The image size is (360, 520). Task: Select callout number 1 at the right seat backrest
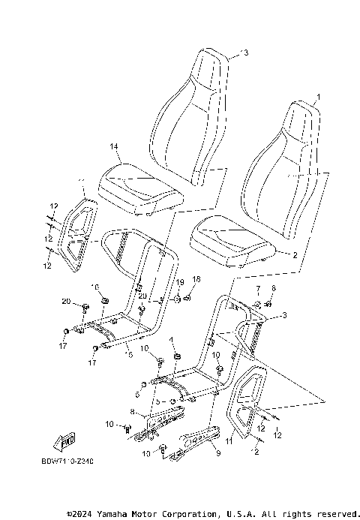(x=317, y=98)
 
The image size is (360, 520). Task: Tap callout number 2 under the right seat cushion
(x=295, y=255)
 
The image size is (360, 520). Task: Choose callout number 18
(x=197, y=279)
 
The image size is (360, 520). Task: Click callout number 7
(x=256, y=288)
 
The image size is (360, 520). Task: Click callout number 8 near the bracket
(x=133, y=412)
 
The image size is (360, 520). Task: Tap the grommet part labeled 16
(x=104, y=302)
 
